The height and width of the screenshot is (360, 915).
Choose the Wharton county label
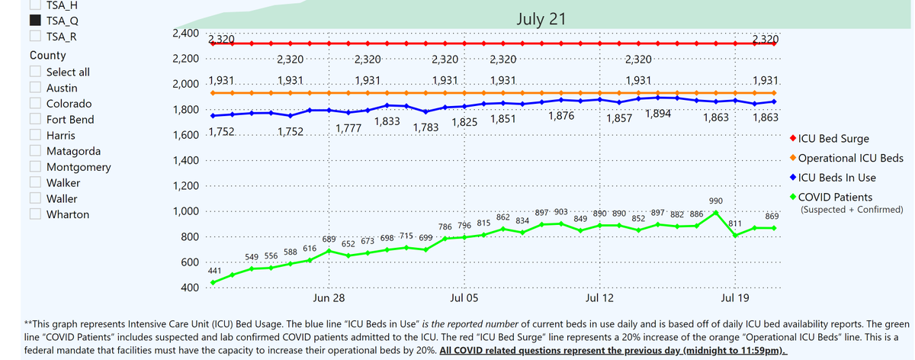(x=68, y=214)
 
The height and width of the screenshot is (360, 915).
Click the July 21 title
(x=540, y=18)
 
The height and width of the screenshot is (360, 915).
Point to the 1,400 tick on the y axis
(x=185, y=160)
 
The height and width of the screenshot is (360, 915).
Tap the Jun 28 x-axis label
(x=329, y=297)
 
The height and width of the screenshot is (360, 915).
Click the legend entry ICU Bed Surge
(x=836, y=139)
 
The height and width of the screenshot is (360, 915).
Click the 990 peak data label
(x=716, y=201)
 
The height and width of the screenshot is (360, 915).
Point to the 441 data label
(x=215, y=271)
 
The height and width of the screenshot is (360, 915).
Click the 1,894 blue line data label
(x=658, y=114)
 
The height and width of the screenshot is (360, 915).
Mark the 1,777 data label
(x=348, y=127)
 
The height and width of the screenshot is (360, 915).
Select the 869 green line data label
(x=772, y=217)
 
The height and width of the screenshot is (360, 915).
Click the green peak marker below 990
(x=716, y=213)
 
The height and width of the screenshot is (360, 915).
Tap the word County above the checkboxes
(x=47, y=56)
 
